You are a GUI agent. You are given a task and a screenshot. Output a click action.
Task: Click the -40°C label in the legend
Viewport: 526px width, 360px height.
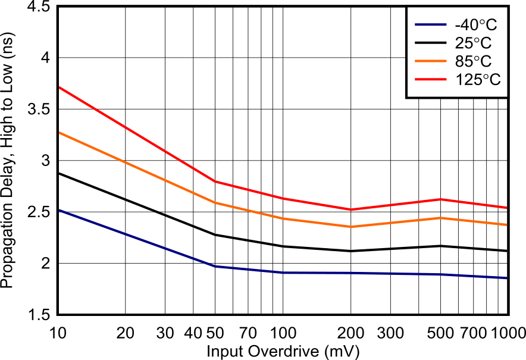475,26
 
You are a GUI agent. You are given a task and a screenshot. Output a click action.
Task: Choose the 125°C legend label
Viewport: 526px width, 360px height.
478,79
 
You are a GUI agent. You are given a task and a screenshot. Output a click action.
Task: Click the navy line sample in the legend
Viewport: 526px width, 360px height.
430,25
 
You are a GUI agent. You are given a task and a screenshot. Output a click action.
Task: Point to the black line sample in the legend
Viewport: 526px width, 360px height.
430,43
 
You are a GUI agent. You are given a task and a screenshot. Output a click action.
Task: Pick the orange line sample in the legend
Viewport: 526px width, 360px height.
430,61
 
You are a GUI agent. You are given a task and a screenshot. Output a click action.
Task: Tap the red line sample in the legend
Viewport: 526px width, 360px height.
430,79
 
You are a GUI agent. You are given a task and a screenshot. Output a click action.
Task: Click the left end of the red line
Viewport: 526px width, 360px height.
60,87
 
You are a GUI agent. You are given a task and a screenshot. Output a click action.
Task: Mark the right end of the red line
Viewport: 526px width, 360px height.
506,208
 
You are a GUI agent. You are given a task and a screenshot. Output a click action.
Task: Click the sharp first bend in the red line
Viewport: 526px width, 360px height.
215,181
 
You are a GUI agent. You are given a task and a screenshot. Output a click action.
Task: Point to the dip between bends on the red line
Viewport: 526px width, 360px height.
352,209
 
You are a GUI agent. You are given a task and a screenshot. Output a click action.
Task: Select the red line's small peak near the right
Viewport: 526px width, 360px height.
441,199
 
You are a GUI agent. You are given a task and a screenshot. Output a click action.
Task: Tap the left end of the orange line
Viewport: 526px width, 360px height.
60,133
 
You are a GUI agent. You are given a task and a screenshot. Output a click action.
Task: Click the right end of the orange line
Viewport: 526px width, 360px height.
506,225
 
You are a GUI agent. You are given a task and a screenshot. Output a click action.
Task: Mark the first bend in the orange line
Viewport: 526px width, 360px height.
215,202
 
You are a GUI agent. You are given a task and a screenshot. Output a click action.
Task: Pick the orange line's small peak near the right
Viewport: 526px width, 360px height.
441,218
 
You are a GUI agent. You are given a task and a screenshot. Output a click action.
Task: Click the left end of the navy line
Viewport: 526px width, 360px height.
60,210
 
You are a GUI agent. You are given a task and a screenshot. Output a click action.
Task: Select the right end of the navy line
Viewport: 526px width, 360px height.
506,278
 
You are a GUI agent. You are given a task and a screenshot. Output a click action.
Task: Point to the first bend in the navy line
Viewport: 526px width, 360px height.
215,266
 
